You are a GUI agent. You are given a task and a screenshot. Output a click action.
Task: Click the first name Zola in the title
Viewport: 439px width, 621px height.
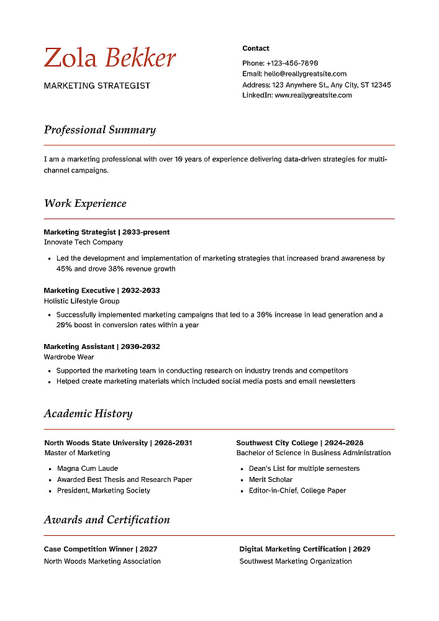71,58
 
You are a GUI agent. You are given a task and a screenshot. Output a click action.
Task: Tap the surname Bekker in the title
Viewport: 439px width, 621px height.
140,58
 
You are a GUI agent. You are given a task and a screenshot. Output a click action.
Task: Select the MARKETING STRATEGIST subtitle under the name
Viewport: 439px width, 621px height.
97,86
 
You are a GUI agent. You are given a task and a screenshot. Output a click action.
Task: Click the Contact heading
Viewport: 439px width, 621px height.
256,48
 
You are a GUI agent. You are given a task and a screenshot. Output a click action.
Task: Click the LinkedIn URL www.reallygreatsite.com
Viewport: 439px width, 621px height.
313,95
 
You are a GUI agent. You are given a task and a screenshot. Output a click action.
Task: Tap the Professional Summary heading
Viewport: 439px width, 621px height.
99,130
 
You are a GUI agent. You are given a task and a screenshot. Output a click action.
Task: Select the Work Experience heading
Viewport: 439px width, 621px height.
85,203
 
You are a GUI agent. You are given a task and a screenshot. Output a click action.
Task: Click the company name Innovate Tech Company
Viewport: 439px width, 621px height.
83,242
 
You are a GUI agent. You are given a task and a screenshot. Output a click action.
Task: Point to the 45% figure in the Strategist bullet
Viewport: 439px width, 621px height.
65,269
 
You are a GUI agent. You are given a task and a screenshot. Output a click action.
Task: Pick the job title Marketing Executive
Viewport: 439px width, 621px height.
79,290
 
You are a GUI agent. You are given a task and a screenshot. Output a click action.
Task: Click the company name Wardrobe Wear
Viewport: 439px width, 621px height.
69,357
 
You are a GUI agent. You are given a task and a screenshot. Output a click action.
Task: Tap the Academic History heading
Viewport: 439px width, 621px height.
88,414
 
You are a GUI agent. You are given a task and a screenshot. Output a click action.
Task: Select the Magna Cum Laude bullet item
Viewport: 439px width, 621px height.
88,468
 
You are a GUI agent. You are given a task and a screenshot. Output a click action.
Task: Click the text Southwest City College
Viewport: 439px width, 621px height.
277,443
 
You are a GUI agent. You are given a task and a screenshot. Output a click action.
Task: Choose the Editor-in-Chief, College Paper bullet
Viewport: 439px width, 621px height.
297,491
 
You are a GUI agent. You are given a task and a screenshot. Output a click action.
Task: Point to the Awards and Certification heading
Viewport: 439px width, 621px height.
107,520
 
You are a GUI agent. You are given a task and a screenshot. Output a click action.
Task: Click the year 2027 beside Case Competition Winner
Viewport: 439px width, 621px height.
148,549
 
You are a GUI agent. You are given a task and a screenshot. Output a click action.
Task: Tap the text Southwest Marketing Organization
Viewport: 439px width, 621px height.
296,561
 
